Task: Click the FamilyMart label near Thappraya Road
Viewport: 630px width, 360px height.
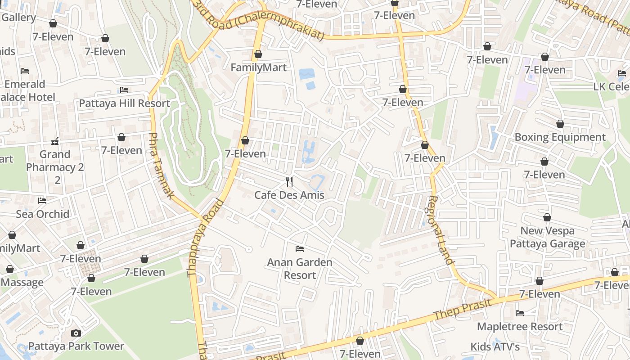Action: click(x=258, y=67)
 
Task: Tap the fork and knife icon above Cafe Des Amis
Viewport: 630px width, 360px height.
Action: click(x=289, y=182)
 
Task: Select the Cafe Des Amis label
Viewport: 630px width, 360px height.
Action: click(x=289, y=195)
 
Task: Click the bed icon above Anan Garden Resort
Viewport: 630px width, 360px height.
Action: click(x=300, y=249)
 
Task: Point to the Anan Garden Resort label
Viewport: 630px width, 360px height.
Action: click(x=300, y=269)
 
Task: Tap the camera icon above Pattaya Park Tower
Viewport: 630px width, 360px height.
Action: click(x=76, y=333)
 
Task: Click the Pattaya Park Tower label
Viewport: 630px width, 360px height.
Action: click(x=76, y=346)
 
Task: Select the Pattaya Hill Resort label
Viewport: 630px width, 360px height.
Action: click(x=124, y=103)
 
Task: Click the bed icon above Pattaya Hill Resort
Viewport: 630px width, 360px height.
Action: click(x=124, y=90)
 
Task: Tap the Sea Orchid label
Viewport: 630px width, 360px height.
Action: click(x=43, y=214)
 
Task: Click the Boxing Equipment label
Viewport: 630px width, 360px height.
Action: click(x=560, y=137)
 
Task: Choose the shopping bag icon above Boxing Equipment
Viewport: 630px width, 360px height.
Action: click(x=560, y=124)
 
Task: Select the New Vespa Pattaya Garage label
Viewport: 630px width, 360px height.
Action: click(x=547, y=237)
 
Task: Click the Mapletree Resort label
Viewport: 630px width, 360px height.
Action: click(x=520, y=326)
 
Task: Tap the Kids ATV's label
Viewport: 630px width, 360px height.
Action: click(x=495, y=347)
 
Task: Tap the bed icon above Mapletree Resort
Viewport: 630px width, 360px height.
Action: click(x=520, y=313)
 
